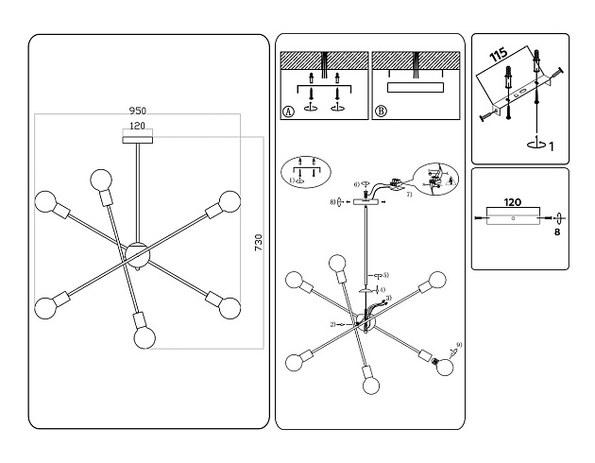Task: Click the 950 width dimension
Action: (x=138, y=110)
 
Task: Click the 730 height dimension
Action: (x=257, y=243)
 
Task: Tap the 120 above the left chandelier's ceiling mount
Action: (x=138, y=125)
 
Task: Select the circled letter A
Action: (x=288, y=111)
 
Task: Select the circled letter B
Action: (x=381, y=111)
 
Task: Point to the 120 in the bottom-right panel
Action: (x=513, y=202)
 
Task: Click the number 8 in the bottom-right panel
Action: (x=557, y=230)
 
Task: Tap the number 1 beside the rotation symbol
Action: (x=552, y=146)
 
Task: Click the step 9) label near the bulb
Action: (x=459, y=345)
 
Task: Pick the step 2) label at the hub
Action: (x=333, y=324)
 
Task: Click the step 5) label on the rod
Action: (x=385, y=274)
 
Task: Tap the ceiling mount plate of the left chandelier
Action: (x=138, y=140)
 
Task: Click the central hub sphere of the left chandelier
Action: (x=138, y=253)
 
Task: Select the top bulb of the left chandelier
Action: (x=100, y=180)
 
